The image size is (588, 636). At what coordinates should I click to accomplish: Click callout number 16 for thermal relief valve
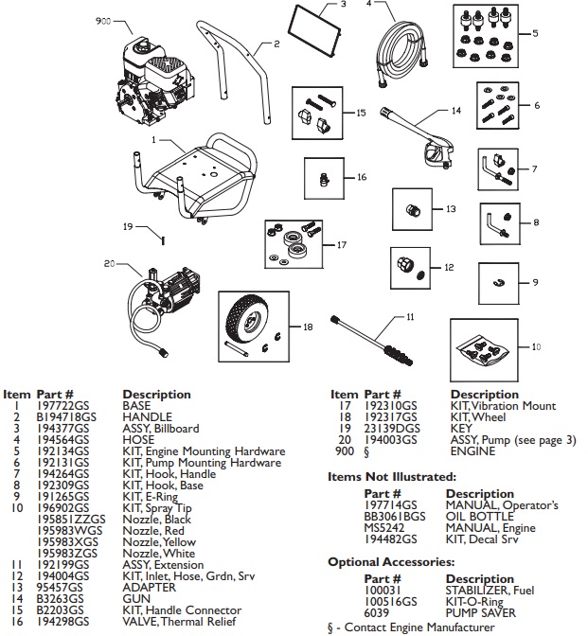tap(360, 176)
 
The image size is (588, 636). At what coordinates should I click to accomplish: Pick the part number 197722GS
tap(58, 404)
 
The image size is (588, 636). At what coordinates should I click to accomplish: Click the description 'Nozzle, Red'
tap(156, 530)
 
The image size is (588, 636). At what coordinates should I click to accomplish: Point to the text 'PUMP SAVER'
tap(480, 613)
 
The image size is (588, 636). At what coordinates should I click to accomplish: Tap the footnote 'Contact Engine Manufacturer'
tap(416, 627)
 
